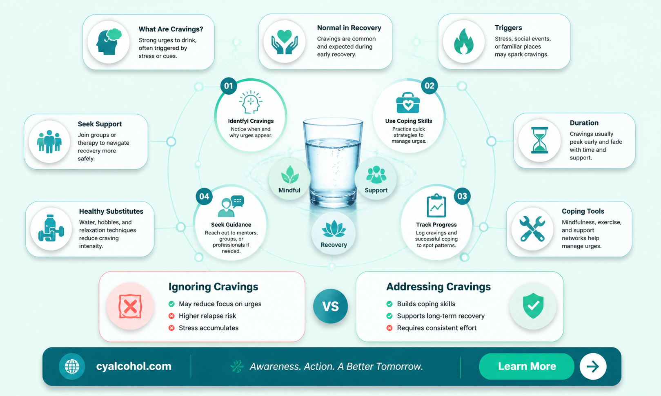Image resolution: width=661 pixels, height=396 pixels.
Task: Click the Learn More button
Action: tap(526, 366)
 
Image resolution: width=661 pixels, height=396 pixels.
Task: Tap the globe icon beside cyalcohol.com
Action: tap(72, 367)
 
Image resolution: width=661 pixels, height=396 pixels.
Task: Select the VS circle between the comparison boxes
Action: tap(331, 306)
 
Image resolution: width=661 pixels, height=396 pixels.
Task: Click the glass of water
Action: tap(333, 162)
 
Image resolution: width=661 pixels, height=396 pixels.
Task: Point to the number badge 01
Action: tap(229, 86)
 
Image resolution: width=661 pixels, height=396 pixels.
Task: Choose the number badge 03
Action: tap(462, 196)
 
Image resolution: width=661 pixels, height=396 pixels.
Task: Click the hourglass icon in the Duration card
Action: tap(539, 140)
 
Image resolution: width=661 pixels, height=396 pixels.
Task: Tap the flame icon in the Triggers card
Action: tap(463, 42)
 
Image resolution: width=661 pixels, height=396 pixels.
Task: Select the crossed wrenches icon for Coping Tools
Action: tap(532, 229)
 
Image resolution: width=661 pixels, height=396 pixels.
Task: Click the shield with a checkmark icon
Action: tap(533, 306)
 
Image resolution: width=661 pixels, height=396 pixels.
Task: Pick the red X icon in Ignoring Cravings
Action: tap(130, 306)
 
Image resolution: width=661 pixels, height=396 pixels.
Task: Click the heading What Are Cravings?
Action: tap(171, 29)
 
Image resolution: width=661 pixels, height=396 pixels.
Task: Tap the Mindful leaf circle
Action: tap(289, 179)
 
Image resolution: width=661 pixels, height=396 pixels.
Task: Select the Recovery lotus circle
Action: tap(334, 233)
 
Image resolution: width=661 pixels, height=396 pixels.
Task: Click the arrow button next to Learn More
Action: tap(593, 367)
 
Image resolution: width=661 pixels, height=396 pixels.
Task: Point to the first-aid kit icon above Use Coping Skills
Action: tap(408, 103)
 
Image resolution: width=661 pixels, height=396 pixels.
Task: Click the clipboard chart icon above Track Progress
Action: tap(436, 206)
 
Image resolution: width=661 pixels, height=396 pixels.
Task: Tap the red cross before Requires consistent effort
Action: tap(389, 328)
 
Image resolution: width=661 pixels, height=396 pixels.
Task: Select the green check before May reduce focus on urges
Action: tap(171, 304)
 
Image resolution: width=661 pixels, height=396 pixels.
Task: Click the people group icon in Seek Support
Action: tap(49, 142)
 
